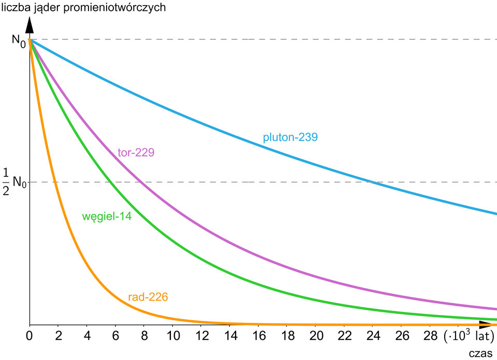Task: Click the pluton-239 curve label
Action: (290, 138)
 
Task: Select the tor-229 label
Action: (136, 153)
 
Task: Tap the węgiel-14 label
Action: (107, 217)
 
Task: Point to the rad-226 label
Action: (148, 297)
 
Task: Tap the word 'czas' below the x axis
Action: (480, 353)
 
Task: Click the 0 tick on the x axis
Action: (30, 337)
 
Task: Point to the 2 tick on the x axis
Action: (59, 337)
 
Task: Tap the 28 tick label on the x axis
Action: (429, 337)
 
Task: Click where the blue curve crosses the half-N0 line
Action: (372, 182)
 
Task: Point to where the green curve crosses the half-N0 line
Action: (111, 182)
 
